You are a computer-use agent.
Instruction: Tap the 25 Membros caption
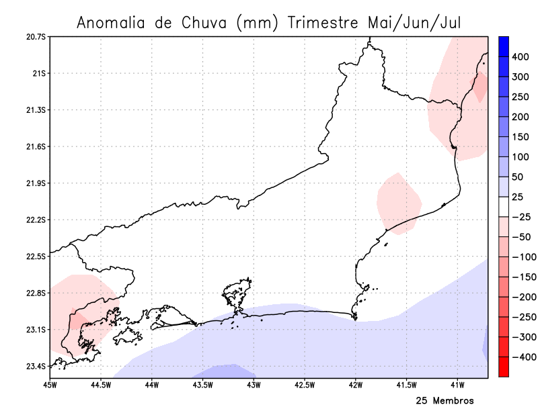[445, 401]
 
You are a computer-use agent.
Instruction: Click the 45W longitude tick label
[49, 385]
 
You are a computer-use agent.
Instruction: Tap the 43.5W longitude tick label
[202, 385]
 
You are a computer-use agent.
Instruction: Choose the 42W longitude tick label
[356, 385]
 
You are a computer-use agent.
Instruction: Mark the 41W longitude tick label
[458, 385]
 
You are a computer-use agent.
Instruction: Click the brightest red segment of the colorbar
[503, 367]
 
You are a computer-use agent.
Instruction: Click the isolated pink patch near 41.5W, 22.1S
[399, 203]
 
